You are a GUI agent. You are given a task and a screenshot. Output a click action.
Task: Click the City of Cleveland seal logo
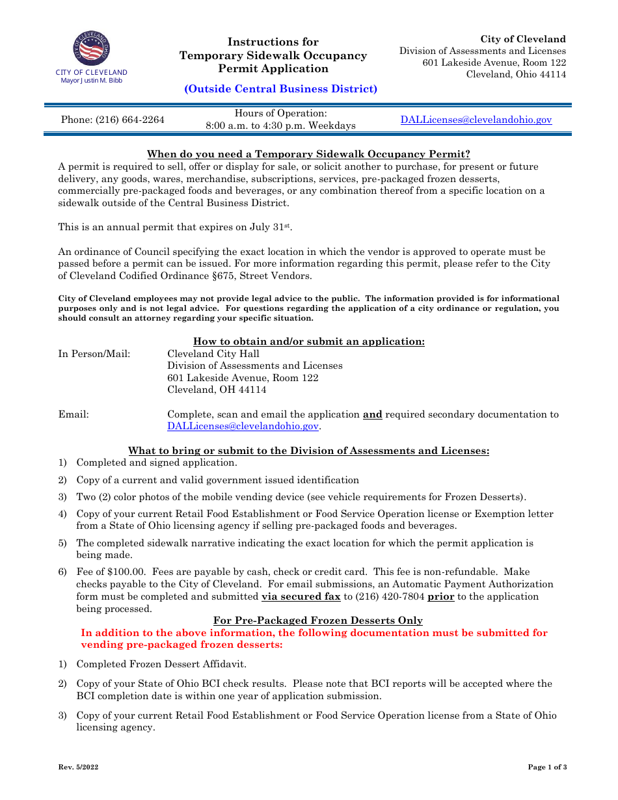click(x=92, y=48)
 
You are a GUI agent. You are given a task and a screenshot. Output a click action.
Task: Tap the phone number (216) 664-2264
click(x=113, y=120)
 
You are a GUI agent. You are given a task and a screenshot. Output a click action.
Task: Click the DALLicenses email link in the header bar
click(x=476, y=120)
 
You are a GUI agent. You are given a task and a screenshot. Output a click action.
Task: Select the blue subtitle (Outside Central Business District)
click(x=280, y=89)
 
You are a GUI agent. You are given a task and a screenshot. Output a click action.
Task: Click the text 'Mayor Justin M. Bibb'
click(x=91, y=81)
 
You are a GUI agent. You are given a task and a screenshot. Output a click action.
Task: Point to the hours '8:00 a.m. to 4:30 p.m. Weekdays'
click(x=281, y=126)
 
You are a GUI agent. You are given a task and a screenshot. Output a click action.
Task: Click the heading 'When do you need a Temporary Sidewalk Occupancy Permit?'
click(x=308, y=154)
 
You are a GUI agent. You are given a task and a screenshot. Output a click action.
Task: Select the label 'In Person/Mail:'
click(x=94, y=354)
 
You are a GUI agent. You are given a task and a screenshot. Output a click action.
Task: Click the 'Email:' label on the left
click(x=74, y=414)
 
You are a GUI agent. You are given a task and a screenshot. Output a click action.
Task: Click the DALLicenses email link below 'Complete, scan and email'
click(x=243, y=427)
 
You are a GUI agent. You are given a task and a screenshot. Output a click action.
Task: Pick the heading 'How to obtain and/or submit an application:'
click(x=309, y=342)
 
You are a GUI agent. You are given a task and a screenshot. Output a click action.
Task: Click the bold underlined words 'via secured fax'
click(x=301, y=596)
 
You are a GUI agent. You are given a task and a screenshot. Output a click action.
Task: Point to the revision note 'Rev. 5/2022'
click(x=78, y=767)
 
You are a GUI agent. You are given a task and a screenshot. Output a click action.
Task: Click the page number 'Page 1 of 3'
click(x=547, y=767)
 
